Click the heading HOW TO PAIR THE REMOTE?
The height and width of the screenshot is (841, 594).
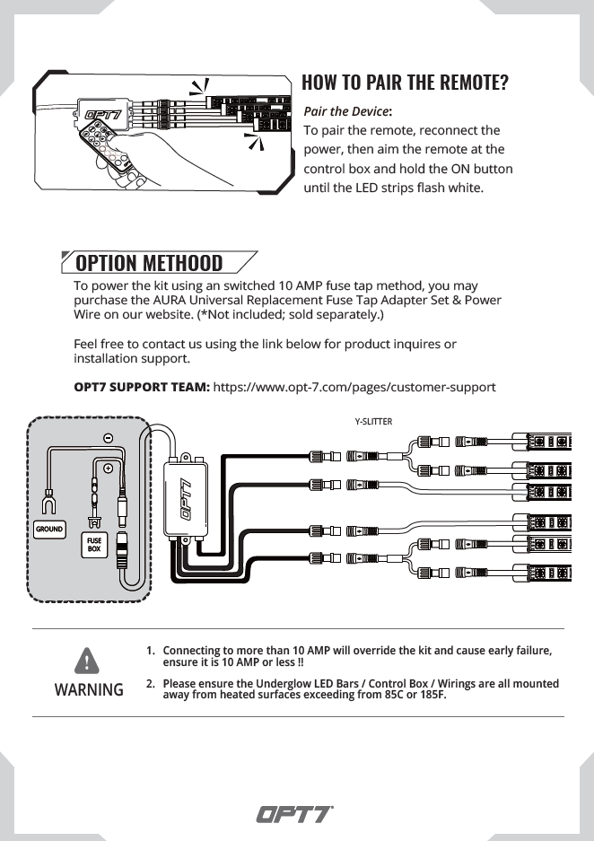(x=405, y=83)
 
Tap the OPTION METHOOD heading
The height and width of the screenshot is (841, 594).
(x=149, y=263)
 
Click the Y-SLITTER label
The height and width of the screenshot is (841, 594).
(x=373, y=421)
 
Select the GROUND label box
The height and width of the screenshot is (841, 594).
(x=49, y=530)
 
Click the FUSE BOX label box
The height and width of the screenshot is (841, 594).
(x=94, y=545)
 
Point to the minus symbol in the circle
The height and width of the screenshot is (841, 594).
(x=108, y=438)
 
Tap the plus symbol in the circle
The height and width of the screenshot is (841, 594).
(x=108, y=468)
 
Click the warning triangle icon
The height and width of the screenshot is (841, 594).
(x=88, y=661)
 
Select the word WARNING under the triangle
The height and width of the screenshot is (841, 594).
(x=89, y=690)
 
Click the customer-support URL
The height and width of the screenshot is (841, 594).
(x=354, y=387)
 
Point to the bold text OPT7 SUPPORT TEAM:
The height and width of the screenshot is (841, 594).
(x=142, y=387)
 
